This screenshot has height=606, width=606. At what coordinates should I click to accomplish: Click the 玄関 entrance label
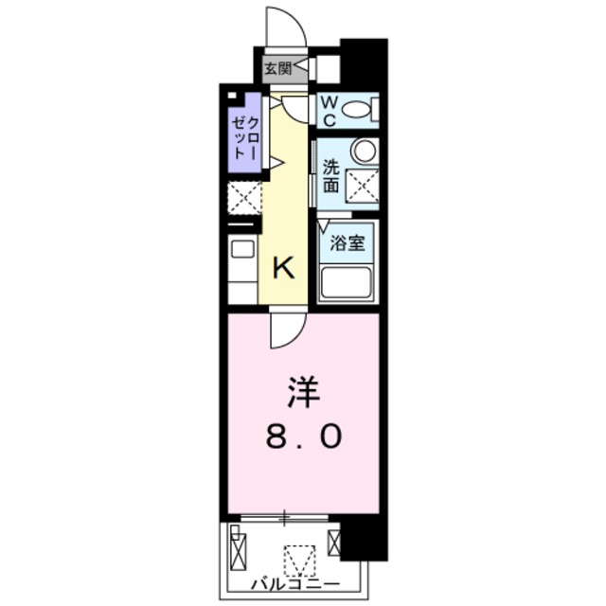point(277,68)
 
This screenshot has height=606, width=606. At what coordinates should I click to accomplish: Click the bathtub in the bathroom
point(347,281)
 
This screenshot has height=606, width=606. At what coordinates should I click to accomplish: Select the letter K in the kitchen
point(283,268)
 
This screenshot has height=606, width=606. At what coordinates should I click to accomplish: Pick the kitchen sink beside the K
point(242,249)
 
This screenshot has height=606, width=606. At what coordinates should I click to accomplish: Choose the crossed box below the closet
point(242,198)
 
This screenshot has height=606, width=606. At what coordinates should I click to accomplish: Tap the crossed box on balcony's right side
point(334,544)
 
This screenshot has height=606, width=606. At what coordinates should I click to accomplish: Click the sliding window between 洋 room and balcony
point(284,518)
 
